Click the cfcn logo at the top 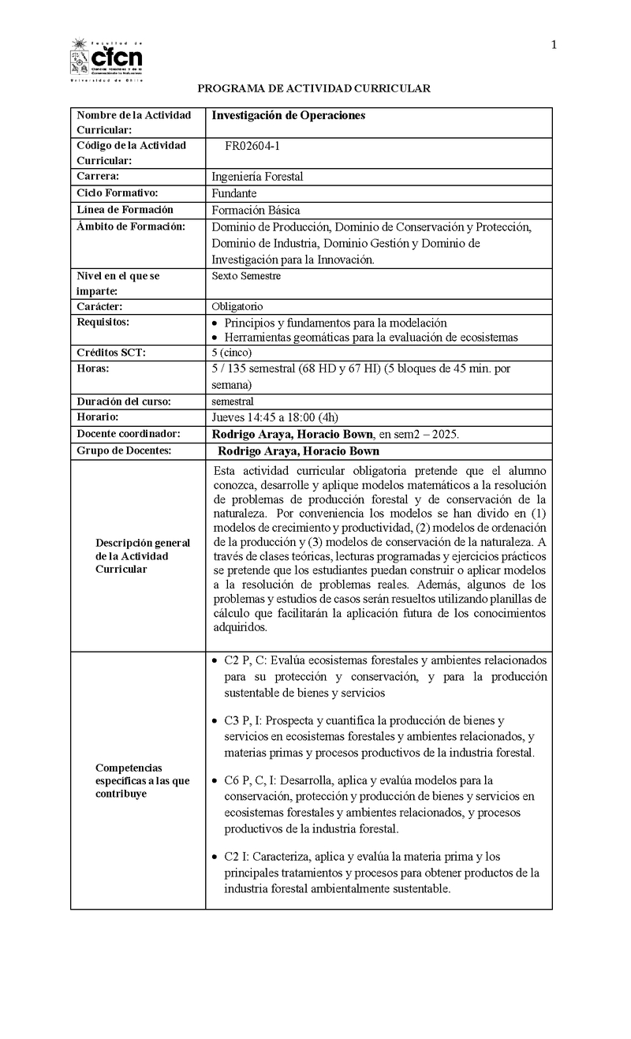[x=106, y=59]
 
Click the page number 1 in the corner [x=554, y=45]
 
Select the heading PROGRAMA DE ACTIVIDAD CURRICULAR [x=314, y=88]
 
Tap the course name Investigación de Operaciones [x=289, y=115]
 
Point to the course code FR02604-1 [x=258, y=146]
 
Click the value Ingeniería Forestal [x=257, y=177]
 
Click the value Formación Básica [x=256, y=210]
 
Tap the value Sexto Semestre [x=246, y=276]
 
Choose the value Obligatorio [x=237, y=306]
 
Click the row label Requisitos [x=103, y=322]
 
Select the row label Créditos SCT [x=111, y=352]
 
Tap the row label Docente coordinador [x=129, y=434]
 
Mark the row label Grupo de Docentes [x=124, y=450]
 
